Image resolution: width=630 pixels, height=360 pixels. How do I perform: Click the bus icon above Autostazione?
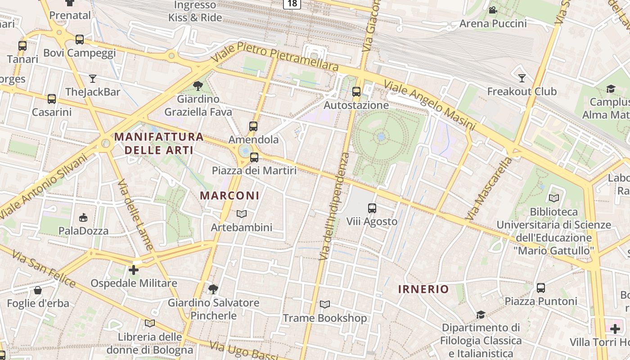[x=356, y=92]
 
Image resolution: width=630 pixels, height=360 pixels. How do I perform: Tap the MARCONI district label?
[x=229, y=195]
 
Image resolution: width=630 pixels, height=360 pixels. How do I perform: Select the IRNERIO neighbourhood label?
[x=423, y=289]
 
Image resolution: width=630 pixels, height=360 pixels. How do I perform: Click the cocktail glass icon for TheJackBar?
[x=93, y=79]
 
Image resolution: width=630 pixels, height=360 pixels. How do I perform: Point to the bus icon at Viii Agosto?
[x=372, y=208]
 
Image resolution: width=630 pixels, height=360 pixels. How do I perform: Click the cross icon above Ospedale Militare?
[x=134, y=270]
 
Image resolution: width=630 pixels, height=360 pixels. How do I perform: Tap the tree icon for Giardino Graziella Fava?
[x=198, y=86]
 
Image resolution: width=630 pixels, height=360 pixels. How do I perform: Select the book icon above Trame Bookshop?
[x=324, y=305]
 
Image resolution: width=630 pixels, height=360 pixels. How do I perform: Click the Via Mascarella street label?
[x=489, y=189]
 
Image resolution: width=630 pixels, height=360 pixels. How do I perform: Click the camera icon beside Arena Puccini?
[x=493, y=10]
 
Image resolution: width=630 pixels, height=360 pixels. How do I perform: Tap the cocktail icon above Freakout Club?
[x=522, y=78]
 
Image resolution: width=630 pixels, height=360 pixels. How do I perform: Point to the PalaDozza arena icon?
[x=83, y=218]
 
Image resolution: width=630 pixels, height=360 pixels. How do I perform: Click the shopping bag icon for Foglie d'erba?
[x=38, y=290]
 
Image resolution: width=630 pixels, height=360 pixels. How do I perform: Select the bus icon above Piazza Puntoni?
[x=541, y=288]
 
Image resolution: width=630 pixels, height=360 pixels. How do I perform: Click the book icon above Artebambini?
[x=242, y=214]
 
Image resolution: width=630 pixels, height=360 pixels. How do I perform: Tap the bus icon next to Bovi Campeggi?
[x=80, y=40]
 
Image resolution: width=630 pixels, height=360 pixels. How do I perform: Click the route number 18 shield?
[x=292, y=4]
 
